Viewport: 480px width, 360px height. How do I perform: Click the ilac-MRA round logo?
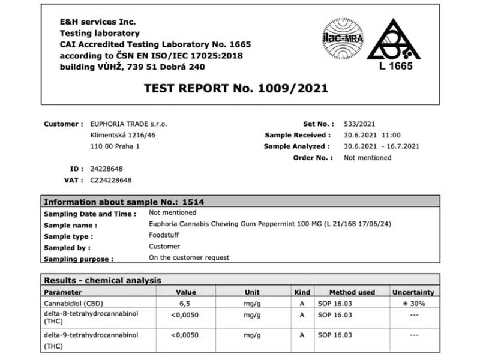tap(343, 38)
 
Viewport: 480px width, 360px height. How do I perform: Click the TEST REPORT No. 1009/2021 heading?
tap(236, 88)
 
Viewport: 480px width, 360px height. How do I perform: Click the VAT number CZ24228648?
tap(111, 180)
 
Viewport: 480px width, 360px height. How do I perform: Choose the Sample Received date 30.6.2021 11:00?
tap(372, 135)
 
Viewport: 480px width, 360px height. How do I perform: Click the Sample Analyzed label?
tap(297, 146)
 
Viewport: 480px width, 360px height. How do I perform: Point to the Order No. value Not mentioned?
tap(367, 158)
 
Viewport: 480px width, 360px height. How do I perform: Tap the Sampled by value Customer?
tap(164, 247)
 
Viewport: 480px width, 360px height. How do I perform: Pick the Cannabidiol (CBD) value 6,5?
tap(186, 303)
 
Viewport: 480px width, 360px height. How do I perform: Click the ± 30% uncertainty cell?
tap(413, 303)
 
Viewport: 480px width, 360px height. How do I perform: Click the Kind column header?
tap(302, 292)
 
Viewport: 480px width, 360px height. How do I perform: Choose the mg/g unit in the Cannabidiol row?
tap(252, 303)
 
